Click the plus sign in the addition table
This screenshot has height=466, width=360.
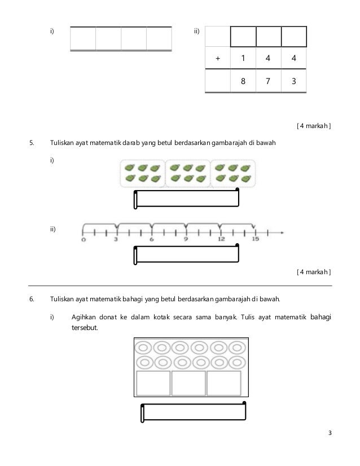pyautogui.click(x=218, y=58)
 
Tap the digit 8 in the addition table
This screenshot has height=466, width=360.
pyautogui.click(x=243, y=80)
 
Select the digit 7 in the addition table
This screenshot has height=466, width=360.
pyautogui.click(x=268, y=80)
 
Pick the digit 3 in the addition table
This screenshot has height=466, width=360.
pyautogui.click(x=293, y=80)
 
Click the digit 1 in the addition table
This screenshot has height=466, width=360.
pyautogui.click(x=243, y=58)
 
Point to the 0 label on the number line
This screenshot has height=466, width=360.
pyautogui.click(x=84, y=239)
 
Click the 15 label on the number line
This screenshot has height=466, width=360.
pyautogui.click(x=254, y=239)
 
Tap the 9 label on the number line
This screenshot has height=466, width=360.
pyautogui.click(x=186, y=239)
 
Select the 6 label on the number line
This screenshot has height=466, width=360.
pyautogui.click(x=152, y=239)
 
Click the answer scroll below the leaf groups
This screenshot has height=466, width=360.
pyautogui.click(x=186, y=200)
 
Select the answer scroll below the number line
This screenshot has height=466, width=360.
pyautogui.click(x=186, y=254)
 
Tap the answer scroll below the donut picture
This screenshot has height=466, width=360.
pyautogui.click(x=194, y=412)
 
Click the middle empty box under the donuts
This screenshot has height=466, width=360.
pyautogui.click(x=188, y=383)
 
